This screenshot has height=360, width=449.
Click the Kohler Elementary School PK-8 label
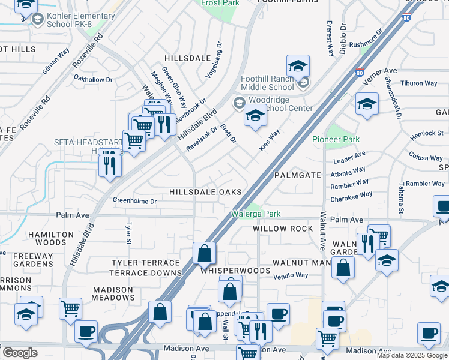click(x=81, y=20)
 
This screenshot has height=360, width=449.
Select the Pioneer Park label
click(x=336, y=139)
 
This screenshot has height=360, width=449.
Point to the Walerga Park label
click(x=256, y=214)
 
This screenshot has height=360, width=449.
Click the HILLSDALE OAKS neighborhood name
click(x=205, y=192)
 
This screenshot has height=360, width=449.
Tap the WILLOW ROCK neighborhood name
click(x=283, y=229)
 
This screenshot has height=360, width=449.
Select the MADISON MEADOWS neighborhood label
click(x=113, y=293)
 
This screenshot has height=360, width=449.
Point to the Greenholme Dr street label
click(x=134, y=201)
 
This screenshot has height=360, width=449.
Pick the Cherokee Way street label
click(x=351, y=196)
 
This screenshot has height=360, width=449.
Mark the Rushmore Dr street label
click(x=366, y=38)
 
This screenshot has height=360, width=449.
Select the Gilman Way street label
click(x=55, y=62)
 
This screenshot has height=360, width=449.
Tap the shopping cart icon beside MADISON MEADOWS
click(x=70, y=308)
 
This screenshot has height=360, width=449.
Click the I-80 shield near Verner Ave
click(x=359, y=73)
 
